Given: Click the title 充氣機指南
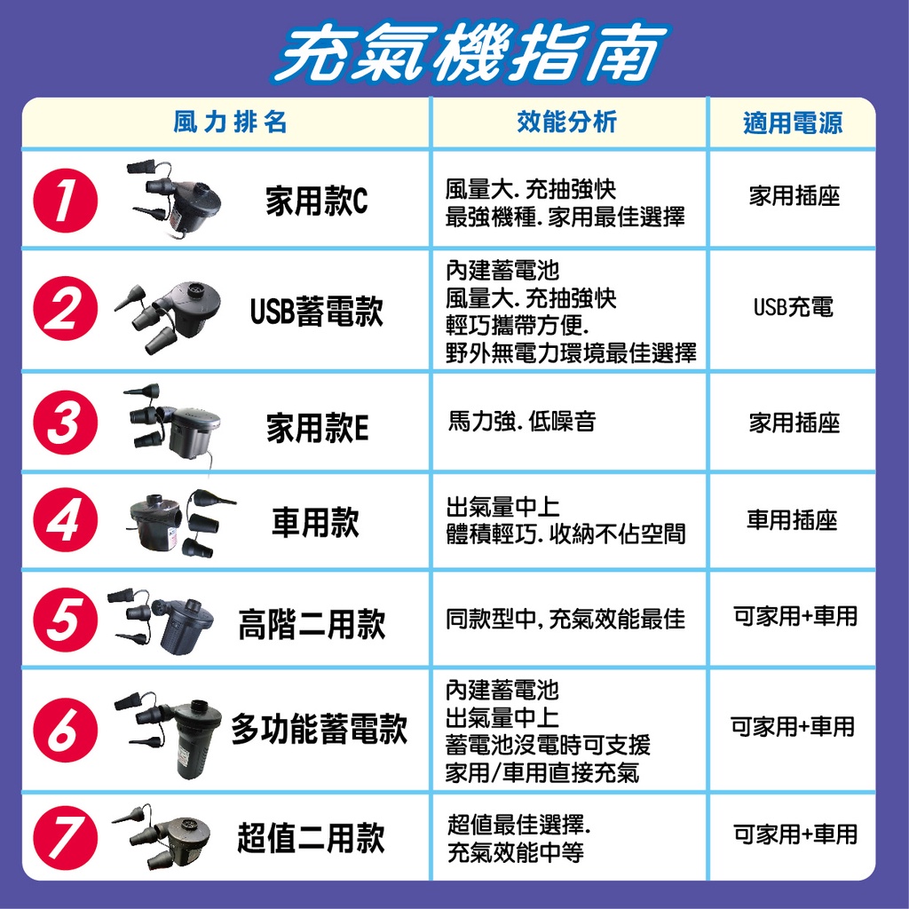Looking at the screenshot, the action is pyautogui.click(x=470, y=52).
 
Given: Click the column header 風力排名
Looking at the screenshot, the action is pyautogui.click(x=230, y=123).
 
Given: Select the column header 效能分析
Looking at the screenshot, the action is pyautogui.click(x=567, y=122).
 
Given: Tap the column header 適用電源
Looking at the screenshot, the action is pyautogui.click(x=793, y=123).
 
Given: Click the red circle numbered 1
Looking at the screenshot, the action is pyautogui.click(x=65, y=201).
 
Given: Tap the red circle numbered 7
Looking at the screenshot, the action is pyautogui.click(x=65, y=837).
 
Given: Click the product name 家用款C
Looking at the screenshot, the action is pyautogui.click(x=317, y=202).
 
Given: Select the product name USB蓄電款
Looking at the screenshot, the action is pyautogui.click(x=317, y=311).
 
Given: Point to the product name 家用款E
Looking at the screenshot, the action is pyautogui.click(x=317, y=428).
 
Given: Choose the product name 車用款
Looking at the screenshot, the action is pyautogui.click(x=316, y=522).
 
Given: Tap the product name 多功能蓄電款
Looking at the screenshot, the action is pyautogui.click(x=319, y=729).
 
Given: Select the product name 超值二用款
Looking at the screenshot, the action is pyautogui.click(x=312, y=838).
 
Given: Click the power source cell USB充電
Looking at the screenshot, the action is pyautogui.click(x=793, y=306).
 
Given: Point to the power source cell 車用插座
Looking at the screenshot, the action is pyautogui.click(x=792, y=519).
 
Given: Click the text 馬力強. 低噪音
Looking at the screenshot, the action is pyautogui.click(x=522, y=421).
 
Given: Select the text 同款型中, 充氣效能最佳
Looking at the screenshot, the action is pyautogui.click(x=565, y=619).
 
